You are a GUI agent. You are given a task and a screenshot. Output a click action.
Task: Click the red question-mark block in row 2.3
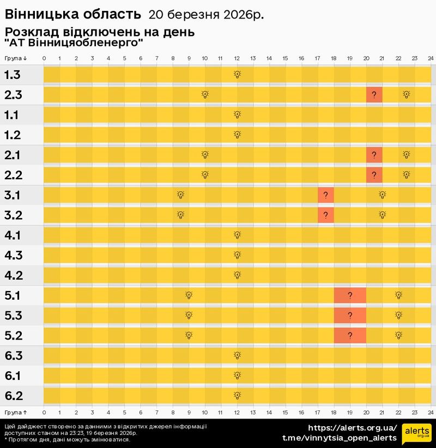click(374, 95)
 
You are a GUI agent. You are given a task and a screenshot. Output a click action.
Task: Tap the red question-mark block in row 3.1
click(325, 195)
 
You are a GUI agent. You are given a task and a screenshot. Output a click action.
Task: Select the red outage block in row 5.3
click(349, 316)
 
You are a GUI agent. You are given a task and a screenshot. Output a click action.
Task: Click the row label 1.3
click(13, 75)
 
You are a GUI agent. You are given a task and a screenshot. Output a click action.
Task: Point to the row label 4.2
click(13, 275)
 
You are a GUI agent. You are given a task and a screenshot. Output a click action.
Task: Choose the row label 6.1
click(13, 376)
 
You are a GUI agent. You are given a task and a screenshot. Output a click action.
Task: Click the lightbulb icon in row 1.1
click(237, 114)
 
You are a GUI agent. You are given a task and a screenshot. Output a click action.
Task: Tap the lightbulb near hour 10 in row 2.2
click(205, 175)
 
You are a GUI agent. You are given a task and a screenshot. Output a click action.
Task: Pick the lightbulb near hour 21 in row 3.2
click(382, 215)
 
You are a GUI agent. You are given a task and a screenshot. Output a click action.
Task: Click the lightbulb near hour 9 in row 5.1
click(189, 295)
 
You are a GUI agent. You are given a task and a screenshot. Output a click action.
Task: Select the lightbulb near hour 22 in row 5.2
click(398, 335)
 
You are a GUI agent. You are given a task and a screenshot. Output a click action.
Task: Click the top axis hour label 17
click(317, 58)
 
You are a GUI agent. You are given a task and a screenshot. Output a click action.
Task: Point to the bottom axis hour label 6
click(141, 412)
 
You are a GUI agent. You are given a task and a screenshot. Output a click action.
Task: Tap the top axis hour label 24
click(430, 58)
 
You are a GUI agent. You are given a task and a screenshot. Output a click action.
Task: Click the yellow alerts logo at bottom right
click(417, 433)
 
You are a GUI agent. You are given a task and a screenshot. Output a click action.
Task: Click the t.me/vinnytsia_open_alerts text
click(340, 438)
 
